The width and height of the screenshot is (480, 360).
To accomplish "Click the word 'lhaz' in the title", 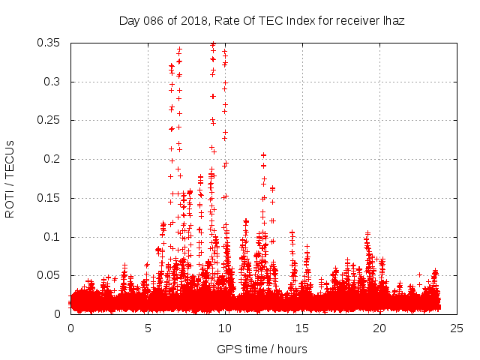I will pos(393,21).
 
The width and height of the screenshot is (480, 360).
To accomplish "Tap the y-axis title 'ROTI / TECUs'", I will pos(10,178).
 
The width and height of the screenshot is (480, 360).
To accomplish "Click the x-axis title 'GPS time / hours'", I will pos(262,349).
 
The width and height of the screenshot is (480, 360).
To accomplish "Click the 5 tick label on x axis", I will pos(148,328).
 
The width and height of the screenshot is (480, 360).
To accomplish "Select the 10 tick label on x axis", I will pos(226,328).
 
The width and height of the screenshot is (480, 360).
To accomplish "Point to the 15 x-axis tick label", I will pos(303,328).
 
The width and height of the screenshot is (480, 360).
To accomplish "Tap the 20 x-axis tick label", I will pos(380,328).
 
